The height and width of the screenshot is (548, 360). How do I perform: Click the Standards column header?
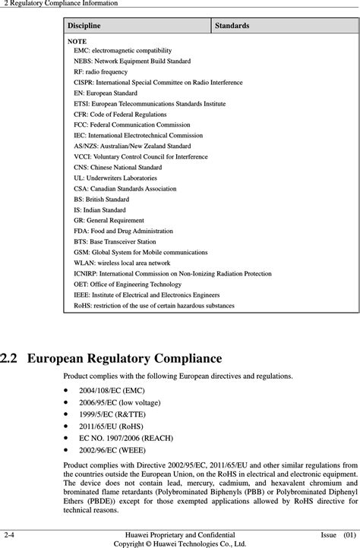click(x=232, y=26)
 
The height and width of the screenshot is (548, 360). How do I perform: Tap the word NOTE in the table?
click(x=77, y=40)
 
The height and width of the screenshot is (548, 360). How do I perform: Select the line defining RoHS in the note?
click(x=154, y=305)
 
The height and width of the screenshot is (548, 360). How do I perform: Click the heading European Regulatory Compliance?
click(x=125, y=358)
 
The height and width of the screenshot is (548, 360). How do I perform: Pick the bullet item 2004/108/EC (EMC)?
click(x=110, y=389)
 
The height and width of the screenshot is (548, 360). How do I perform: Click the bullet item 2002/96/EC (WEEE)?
click(x=112, y=453)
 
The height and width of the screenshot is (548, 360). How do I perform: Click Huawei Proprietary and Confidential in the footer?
click(x=179, y=534)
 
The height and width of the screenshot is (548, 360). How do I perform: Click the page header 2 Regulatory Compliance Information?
click(x=61, y=4)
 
